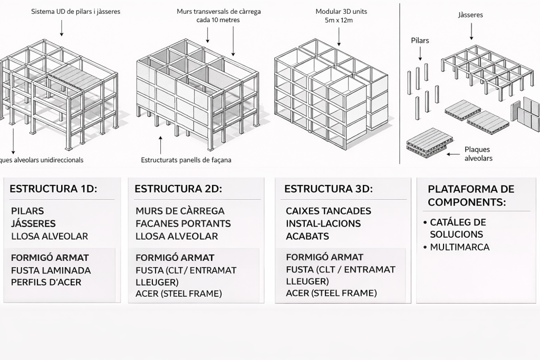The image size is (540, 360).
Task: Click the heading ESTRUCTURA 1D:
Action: [x=53, y=189]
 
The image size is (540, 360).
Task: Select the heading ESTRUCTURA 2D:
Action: [x=178, y=189]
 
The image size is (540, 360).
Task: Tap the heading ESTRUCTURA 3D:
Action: [x=328, y=189]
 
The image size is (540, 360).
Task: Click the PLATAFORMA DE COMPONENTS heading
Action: [x=471, y=195]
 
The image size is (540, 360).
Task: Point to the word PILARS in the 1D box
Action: [x=27, y=211]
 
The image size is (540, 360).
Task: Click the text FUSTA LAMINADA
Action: [x=51, y=270]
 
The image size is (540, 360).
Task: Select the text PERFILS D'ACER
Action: [x=46, y=282]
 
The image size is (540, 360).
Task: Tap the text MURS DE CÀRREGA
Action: [x=180, y=211]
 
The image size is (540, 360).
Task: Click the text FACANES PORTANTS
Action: [x=183, y=223]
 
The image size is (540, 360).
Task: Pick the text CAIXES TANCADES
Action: [x=328, y=211]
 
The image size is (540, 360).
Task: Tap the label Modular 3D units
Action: [x=341, y=11]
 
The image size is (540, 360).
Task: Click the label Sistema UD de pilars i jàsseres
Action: [x=75, y=11]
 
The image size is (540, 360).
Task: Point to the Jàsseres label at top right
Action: [x=470, y=15]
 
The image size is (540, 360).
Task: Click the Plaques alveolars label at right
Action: [x=479, y=153]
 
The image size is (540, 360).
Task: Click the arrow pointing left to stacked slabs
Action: [x=453, y=153]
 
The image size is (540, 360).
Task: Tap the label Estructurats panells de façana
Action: [x=186, y=160]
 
